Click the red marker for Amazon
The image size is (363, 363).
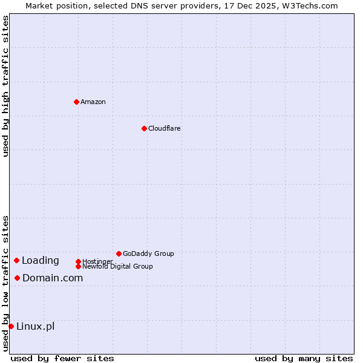pyautogui.click(x=76, y=102)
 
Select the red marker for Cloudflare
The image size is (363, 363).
pyautogui.click(x=144, y=128)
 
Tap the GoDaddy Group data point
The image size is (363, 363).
pyautogui.click(x=119, y=253)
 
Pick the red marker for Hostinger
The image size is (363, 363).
pyautogui.click(x=78, y=261)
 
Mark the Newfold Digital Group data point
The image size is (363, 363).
pyautogui.click(x=78, y=266)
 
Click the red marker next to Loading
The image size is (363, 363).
pyautogui.click(x=16, y=260)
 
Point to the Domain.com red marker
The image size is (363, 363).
pyautogui.click(x=17, y=278)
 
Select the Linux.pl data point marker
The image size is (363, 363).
pyautogui.click(x=11, y=326)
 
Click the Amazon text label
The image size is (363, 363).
pyautogui.click(x=93, y=102)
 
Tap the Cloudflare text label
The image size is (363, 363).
pyautogui.click(x=165, y=128)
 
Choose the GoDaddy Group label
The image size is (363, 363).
pyautogui.click(x=148, y=253)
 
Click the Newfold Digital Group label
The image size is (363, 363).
pyautogui.click(x=117, y=266)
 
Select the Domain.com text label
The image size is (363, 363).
pyautogui.click(x=53, y=278)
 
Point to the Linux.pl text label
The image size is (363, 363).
pyautogui.click(x=35, y=326)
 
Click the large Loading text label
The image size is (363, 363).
pyautogui.click(x=41, y=261)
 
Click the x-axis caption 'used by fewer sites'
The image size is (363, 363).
pyautogui.click(x=62, y=358)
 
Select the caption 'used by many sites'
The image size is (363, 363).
pyautogui.click(x=304, y=358)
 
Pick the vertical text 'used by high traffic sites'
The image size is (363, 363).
pyautogui.click(x=5, y=86)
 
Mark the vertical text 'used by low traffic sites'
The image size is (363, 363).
pyautogui.click(x=5, y=283)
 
